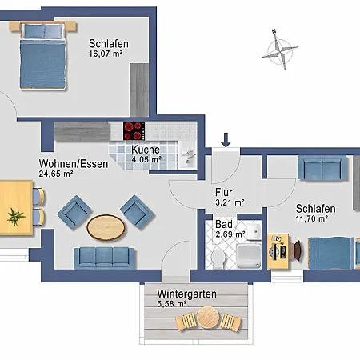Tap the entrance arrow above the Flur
click(226, 140)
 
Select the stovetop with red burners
click(134, 130)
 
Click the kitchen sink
click(189, 158)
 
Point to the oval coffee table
click(106, 227)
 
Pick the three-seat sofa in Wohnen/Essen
click(104, 258)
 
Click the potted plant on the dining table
click(16, 217)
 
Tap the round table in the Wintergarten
click(208, 318)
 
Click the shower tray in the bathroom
click(249, 256)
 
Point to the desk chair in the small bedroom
click(298, 250)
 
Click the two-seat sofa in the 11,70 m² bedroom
click(322, 168)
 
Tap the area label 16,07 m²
click(106, 54)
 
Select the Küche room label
click(146, 150)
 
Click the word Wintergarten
click(186, 294)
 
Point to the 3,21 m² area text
click(230, 202)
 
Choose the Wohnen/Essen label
click(74, 164)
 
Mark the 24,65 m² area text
click(56, 174)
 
